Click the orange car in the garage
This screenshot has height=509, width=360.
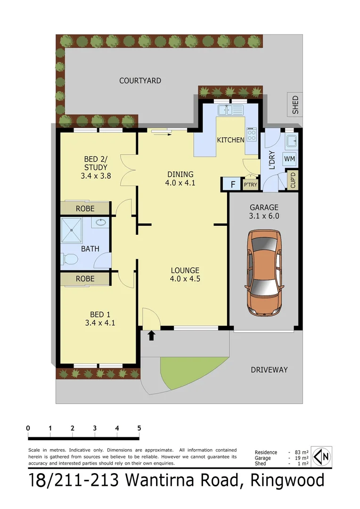264,273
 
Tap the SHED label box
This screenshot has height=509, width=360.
295,105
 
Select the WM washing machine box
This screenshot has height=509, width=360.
289,159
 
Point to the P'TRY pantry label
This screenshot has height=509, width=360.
250,185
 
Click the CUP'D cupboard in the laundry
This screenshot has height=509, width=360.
293,180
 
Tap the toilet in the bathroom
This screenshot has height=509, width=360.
69,259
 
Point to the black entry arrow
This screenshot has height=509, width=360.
152,336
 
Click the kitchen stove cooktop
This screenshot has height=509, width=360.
252,136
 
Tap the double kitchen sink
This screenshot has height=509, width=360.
230,111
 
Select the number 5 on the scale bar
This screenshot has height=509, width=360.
139,428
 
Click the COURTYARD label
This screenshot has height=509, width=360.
140,81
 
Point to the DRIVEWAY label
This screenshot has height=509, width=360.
269,369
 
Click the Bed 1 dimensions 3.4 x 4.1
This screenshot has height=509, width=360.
100,323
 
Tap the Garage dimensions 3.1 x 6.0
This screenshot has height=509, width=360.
264,216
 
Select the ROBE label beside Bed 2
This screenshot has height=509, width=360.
85,208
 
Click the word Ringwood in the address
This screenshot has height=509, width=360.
287,481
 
